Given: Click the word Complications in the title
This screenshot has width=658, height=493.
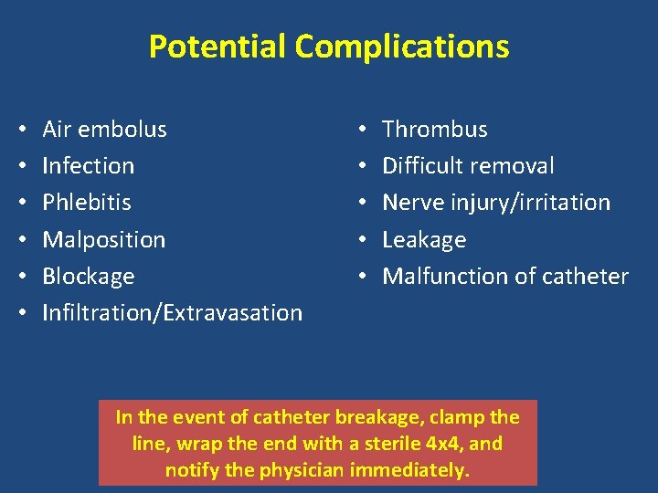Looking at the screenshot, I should (x=402, y=46).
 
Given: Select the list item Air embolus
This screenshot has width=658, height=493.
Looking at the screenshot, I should (x=105, y=130).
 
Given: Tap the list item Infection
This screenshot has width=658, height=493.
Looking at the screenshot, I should (x=89, y=166).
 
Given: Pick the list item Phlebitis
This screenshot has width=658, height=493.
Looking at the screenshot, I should (x=87, y=203).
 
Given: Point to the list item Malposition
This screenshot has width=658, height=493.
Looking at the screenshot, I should (x=104, y=240).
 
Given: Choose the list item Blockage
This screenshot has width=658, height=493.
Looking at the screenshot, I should (x=89, y=277).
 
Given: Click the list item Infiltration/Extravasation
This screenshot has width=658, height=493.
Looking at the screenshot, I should (x=173, y=313).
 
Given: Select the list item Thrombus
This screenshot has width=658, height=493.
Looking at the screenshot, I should (x=435, y=130).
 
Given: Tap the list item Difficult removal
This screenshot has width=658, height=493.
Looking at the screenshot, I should (x=468, y=166).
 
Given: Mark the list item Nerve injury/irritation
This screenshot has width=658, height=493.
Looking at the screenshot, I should (x=496, y=203).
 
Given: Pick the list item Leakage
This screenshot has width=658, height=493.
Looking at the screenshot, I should (x=424, y=240).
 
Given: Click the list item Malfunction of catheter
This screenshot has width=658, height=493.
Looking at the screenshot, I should (x=505, y=277).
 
